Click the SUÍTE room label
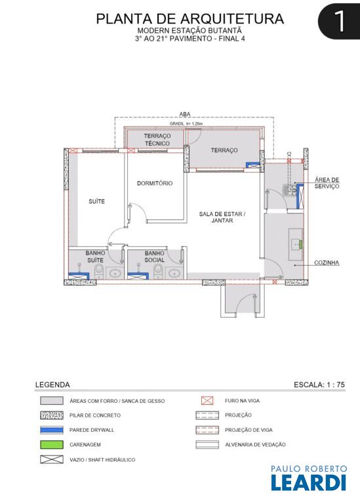pyautogui.click(x=96, y=201)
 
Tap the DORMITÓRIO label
pyautogui.click(x=155, y=183)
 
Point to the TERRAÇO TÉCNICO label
pyautogui.click(x=157, y=140)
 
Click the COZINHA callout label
pyautogui.click(x=327, y=262)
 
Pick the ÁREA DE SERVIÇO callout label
pyautogui.click(x=327, y=183)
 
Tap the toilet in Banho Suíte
pyautogui.click(x=99, y=272)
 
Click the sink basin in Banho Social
pyautogui.click(x=174, y=273)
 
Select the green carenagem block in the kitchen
pyautogui.click(x=301, y=244)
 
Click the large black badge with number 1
pyautogui.click(x=339, y=21)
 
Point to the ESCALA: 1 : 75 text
pyautogui.click(x=319, y=385)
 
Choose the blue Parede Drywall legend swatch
pyautogui.click(x=52, y=430)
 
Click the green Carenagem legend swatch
pyautogui.click(x=52, y=444)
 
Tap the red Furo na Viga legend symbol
pyautogui.click(x=207, y=400)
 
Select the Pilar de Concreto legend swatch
pyautogui.click(x=52, y=415)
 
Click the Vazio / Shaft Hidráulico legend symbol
pyautogui.click(x=52, y=459)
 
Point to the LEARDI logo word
pyautogui.click(x=308, y=482)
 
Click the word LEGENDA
pyautogui.click(x=52, y=385)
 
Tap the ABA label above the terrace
pyautogui.click(x=185, y=114)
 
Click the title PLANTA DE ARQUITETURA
pyautogui.click(x=190, y=18)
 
